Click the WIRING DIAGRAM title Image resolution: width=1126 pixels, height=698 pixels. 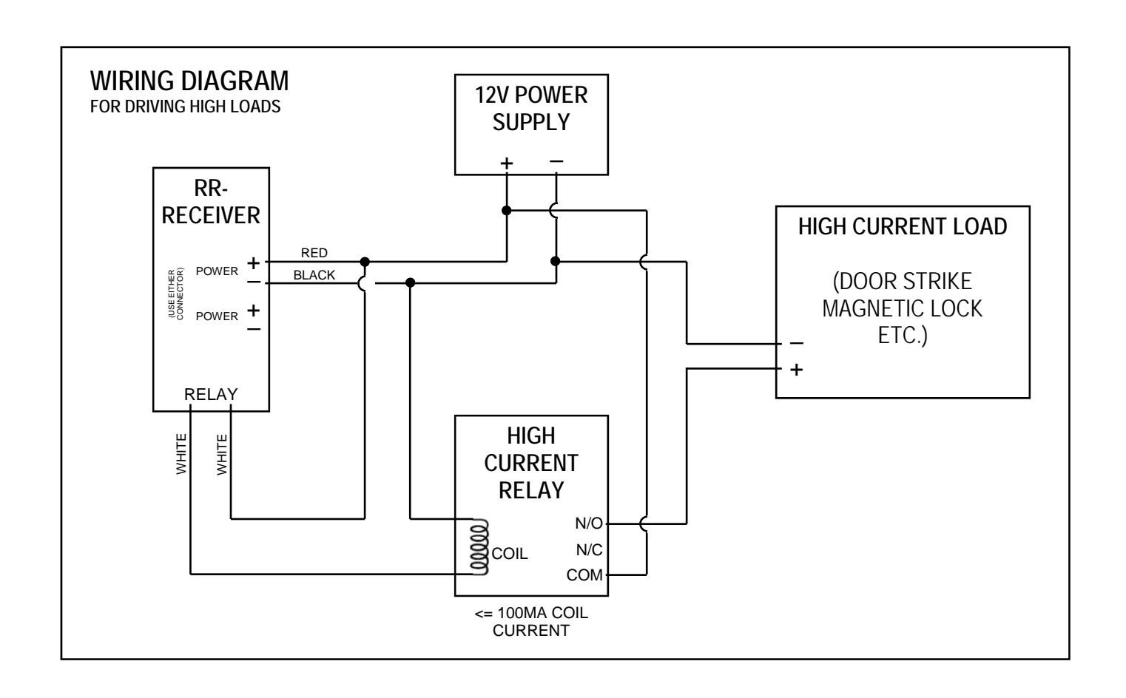click(x=189, y=81)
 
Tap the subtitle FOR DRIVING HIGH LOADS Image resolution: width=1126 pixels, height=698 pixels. click(x=185, y=106)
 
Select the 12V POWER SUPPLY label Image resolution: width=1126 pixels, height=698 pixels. click(x=531, y=109)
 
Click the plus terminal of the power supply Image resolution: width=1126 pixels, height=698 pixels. click(x=507, y=163)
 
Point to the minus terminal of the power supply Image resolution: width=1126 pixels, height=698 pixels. click(x=556, y=161)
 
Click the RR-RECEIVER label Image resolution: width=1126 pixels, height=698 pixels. click(x=211, y=202)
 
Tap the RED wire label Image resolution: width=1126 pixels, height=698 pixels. click(x=314, y=253)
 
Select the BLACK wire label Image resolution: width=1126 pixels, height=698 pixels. click(x=314, y=275)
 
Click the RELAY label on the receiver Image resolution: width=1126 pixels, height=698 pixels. click(x=211, y=395)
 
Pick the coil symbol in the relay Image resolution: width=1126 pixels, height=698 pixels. click(x=479, y=546)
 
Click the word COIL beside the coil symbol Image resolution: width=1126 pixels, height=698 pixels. click(x=509, y=554)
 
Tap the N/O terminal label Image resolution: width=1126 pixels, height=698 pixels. click(x=589, y=523)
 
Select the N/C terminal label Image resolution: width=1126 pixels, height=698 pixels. click(x=589, y=550)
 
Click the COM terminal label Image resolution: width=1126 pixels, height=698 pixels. click(x=584, y=575)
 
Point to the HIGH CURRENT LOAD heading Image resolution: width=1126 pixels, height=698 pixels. click(x=903, y=226)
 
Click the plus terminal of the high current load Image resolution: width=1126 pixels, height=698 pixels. click(x=796, y=370)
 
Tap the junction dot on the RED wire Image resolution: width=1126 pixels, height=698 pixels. click(x=365, y=262)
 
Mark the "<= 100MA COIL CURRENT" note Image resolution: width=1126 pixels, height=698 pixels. click(x=531, y=622)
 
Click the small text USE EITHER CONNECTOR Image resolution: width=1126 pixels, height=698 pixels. click(x=176, y=294)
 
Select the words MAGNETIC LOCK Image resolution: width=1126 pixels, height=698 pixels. click(x=903, y=308)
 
